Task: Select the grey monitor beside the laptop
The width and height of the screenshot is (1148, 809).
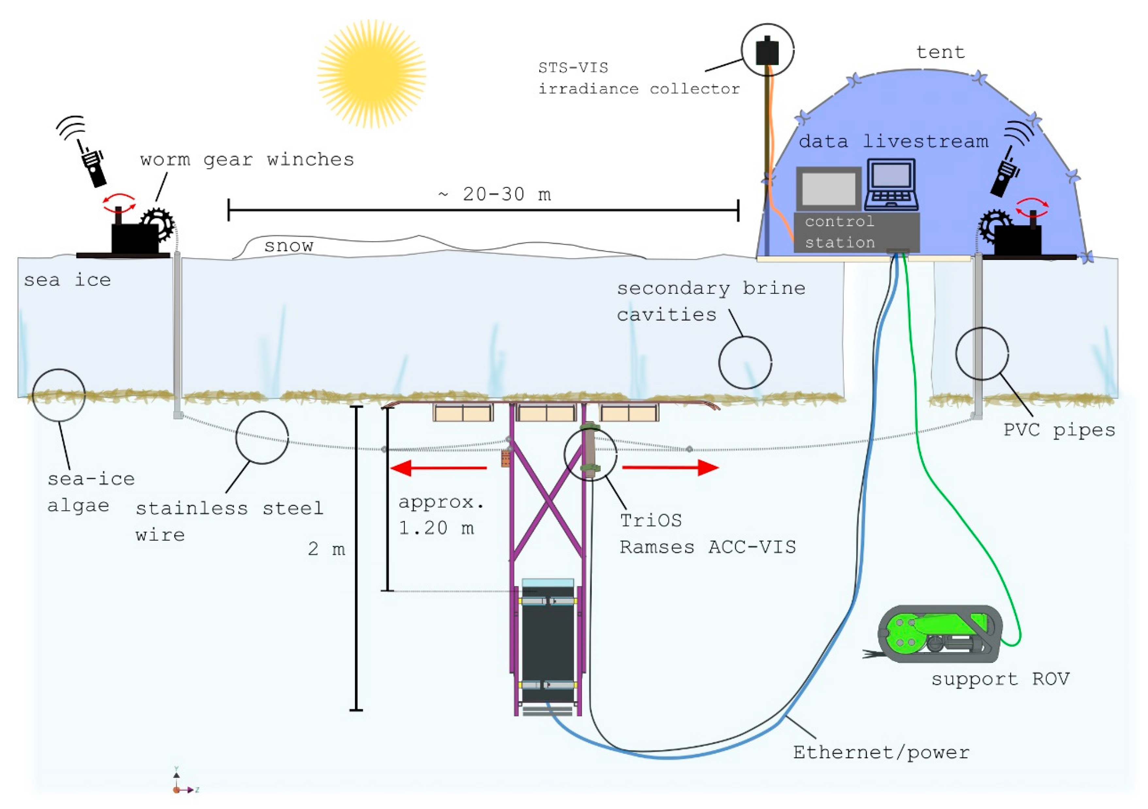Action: pyautogui.click(x=828, y=189)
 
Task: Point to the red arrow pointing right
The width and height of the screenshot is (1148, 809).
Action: pyautogui.click(x=670, y=467)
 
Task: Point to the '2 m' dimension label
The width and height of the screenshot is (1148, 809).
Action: pyautogui.click(x=326, y=549)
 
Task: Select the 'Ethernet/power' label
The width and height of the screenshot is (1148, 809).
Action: pyautogui.click(x=881, y=752)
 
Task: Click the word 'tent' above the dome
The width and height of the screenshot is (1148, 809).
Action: pyautogui.click(x=940, y=52)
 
